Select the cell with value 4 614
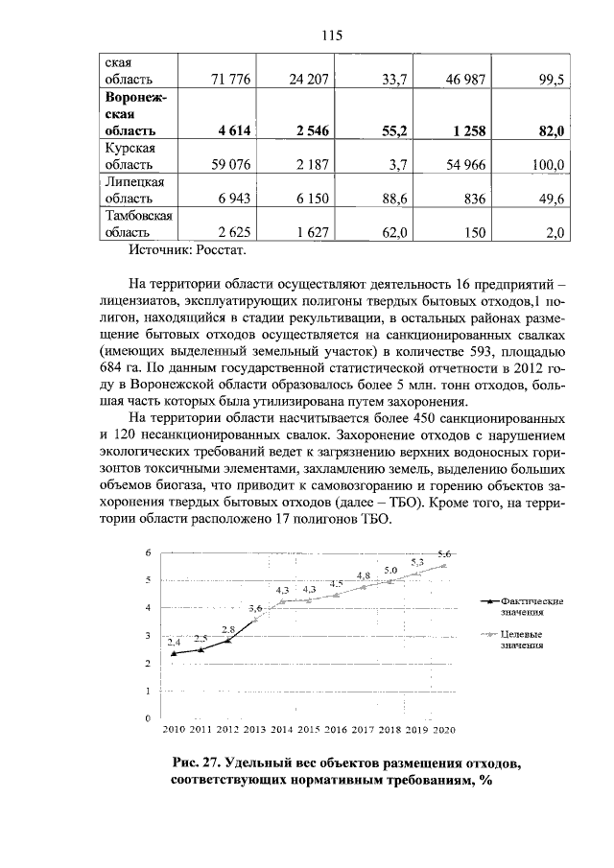[x=230, y=130]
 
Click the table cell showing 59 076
[x=229, y=165]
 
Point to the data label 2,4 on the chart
[x=174, y=642]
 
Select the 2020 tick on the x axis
[x=443, y=731]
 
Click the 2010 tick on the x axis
[x=174, y=731]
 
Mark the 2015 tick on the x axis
[x=308, y=731]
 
